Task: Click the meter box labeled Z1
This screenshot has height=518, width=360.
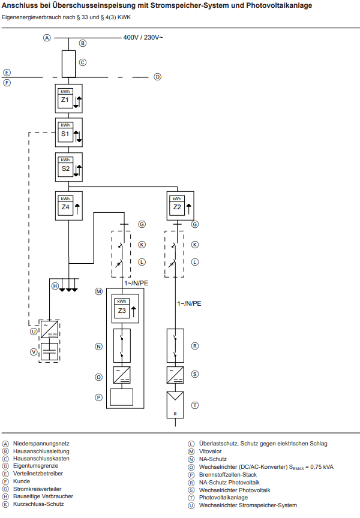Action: (68, 99)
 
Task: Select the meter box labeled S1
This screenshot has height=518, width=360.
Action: (68, 133)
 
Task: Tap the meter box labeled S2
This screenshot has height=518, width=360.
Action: (68, 168)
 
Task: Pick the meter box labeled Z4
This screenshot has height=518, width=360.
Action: (68, 206)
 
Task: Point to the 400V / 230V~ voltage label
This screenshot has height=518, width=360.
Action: (143, 38)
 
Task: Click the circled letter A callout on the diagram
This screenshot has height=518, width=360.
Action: (46, 38)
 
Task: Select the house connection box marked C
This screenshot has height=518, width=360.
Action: (68, 62)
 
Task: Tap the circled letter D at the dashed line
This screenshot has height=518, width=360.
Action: (157, 77)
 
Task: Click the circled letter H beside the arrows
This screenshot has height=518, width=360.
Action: (55, 286)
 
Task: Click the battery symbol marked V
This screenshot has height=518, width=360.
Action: (49, 351)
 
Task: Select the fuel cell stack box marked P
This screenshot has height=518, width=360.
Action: (122, 397)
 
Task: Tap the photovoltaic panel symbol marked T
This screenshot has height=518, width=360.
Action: (175, 405)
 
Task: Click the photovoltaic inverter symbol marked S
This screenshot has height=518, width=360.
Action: (175, 374)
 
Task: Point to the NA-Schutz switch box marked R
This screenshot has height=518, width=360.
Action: (175, 346)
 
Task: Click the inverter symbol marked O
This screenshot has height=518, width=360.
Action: (122, 375)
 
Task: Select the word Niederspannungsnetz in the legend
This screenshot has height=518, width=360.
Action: (40, 444)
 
